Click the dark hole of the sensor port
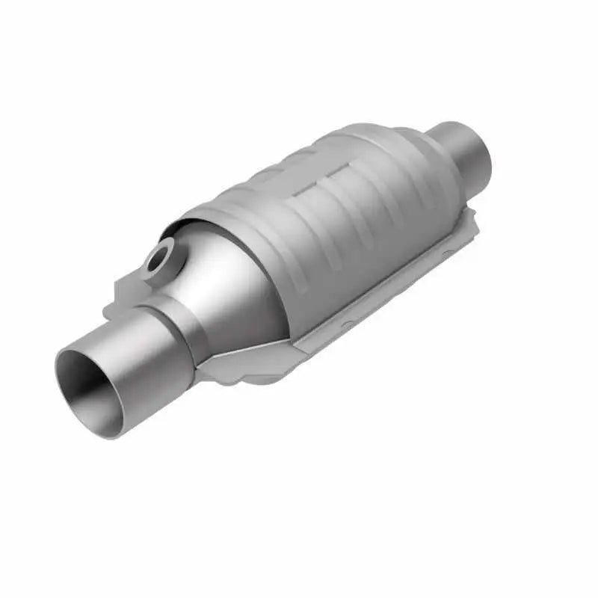point(158,262)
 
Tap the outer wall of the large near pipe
point(142,374)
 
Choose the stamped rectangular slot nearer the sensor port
point(303,196)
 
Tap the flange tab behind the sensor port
point(123,288)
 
